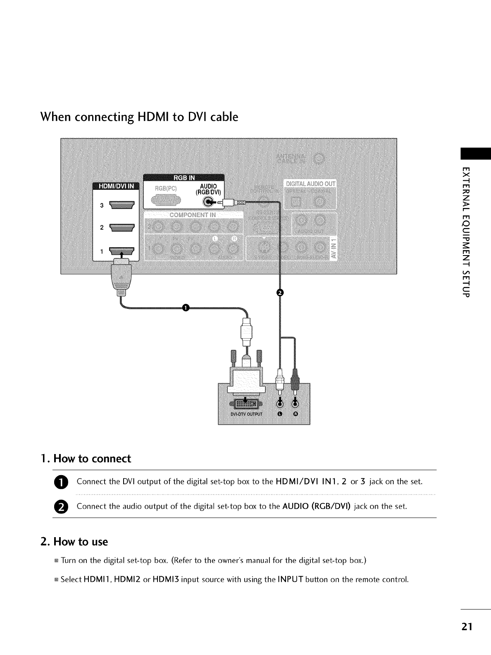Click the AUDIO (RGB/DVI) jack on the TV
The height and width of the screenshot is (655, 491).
[x=209, y=202]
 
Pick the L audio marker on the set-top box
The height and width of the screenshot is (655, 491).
[x=280, y=414]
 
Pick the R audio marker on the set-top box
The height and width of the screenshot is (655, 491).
[x=295, y=414]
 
